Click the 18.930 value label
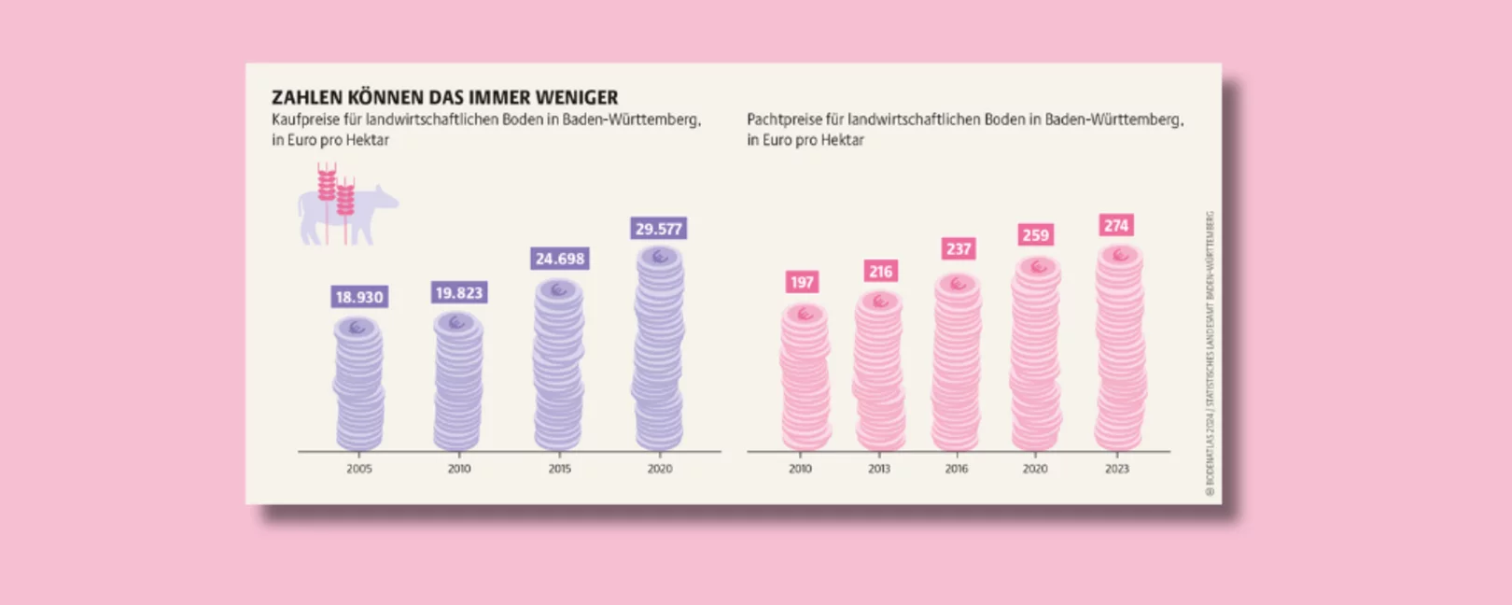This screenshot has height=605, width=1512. pyautogui.click(x=359, y=297)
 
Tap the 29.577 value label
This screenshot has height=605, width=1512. pyautogui.click(x=659, y=229)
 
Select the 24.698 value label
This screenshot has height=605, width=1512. pyautogui.click(x=560, y=259)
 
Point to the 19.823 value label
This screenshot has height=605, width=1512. pyautogui.click(x=459, y=293)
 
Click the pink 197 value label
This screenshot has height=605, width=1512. pyautogui.click(x=802, y=282)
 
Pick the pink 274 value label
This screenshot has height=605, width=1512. pyautogui.click(x=1116, y=225)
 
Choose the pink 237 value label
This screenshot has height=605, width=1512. pyautogui.click(x=959, y=248)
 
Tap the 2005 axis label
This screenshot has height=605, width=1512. pyautogui.click(x=359, y=469)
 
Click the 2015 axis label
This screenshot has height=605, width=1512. pyautogui.click(x=559, y=469)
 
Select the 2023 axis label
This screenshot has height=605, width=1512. pyautogui.click(x=1116, y=469)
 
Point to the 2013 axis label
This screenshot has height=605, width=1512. pyautogui.click(x=879, y=469)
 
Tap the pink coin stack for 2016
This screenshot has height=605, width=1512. pyautogui.click(x=958, y=364)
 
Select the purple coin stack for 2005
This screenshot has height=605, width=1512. pyautogui.click(x=359, y=385)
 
